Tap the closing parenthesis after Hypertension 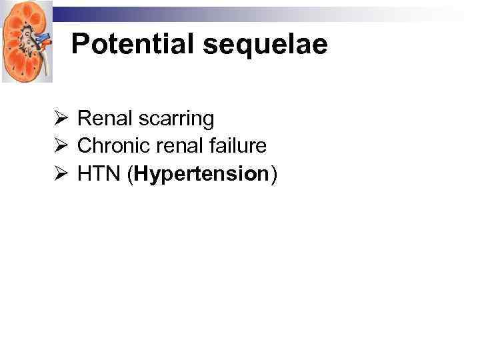[x=272, y=175]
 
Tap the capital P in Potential [x=79, y=44]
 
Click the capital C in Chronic [x=84, y=146]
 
